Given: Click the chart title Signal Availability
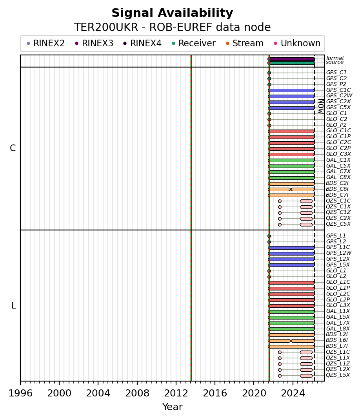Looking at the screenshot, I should (172, 13).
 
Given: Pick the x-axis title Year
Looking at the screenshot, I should (172, 407).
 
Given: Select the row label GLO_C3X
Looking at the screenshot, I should (338, 154).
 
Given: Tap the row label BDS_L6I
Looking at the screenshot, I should (337, 340).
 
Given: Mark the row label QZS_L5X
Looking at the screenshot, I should (338, 375).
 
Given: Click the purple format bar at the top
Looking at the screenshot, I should (291, 59).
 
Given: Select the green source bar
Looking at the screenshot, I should (291, 63).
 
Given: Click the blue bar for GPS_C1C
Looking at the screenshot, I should (291, 90).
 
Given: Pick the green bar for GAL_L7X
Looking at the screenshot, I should (291, 323).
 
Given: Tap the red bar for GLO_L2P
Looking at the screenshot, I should (291, 300).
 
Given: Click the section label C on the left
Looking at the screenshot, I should (13, 148).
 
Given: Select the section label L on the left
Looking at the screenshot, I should (14, 305).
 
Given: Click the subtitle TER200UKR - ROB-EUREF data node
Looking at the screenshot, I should (172, 27).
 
